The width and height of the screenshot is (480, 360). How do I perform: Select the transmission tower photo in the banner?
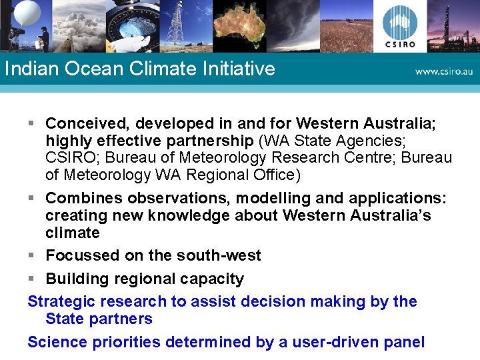(175, 25)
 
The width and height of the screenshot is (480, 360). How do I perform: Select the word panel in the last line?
(404, 343)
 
